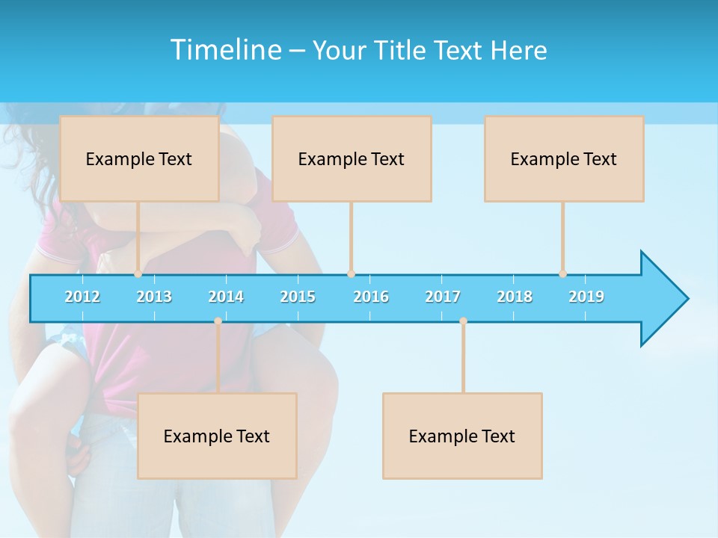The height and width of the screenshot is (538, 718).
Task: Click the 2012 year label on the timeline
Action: point(82,297)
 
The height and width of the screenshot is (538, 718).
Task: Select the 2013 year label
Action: point(154,297)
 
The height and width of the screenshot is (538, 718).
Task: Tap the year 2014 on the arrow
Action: point(226,297)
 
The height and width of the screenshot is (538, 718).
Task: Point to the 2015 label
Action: point(298,297)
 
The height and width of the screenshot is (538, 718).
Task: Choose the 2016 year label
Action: point(371,297)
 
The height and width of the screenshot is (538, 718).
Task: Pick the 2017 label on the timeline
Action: point(443,297)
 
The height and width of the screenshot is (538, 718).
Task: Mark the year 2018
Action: point(515,297)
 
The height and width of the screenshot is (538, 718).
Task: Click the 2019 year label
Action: point(586,297)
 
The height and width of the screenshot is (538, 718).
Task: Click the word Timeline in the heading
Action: point(224,50)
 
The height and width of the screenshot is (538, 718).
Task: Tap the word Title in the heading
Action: point(403,51)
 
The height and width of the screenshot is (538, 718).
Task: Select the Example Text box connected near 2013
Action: point(139,158)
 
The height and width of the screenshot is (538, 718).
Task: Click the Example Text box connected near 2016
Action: point(352,158)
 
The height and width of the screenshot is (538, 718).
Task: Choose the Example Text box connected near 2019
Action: point(564,158)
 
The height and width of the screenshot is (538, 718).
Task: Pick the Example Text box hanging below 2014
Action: point(217,436)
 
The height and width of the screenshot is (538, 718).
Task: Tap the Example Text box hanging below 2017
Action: point(462,436)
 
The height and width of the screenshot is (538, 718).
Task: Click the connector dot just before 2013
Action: point(138,274)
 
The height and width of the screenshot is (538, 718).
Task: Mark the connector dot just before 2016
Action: point(351,274)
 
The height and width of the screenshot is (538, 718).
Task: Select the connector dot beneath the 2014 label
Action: point(218,321)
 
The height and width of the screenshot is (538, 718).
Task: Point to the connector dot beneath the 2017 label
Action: point(463,321)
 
